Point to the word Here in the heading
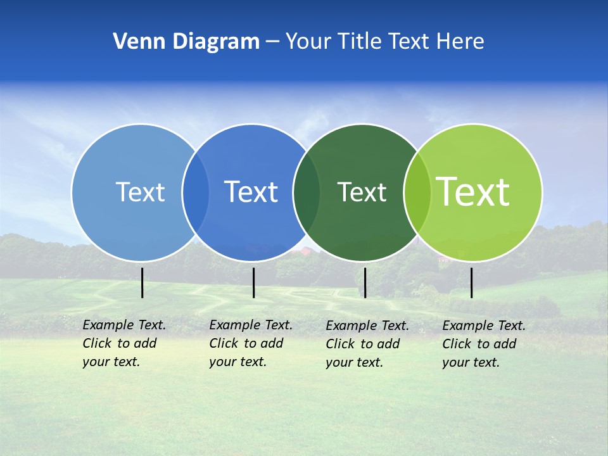point(459,42)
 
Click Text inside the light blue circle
point(140,192)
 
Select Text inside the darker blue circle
point(251,192)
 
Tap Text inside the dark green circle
point(362,192)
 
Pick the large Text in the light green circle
point(472,191)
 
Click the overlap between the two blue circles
point(196,193)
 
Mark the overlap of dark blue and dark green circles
point(307,193)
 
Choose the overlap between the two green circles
point(417,193)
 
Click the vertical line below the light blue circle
point(142,282)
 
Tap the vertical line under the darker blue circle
point(253,282)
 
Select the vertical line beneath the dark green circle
point(365,282)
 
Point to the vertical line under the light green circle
point(471,282)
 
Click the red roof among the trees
point(307,251)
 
